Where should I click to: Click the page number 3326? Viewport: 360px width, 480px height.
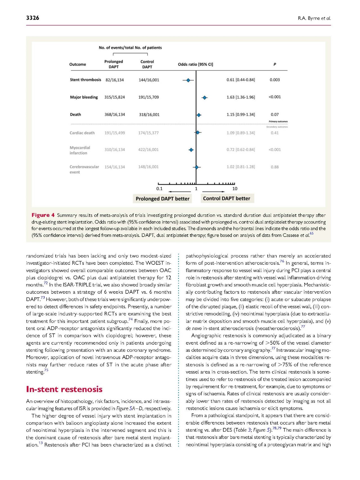point(33,18)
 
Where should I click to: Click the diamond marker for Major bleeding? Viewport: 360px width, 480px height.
point(205,98)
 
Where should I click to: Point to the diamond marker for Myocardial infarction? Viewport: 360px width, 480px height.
point(191,150)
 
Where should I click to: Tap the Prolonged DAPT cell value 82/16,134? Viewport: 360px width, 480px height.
point(114,80)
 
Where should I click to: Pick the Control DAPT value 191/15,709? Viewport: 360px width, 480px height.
point(148,97)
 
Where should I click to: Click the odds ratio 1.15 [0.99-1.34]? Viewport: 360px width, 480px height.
point(241,115)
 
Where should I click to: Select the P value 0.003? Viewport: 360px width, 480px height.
point(275,80)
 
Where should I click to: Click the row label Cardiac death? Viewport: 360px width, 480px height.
point(82,133)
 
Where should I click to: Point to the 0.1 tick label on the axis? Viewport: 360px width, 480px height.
point(159,189)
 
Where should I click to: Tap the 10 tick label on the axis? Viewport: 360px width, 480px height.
point(235,189)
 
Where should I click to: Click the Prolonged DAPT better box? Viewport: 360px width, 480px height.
point(162,199)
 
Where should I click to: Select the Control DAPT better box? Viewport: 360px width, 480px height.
point(227,198)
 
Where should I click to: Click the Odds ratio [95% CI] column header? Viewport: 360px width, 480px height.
point(195,64)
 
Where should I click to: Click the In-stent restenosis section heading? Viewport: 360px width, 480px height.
point(64,389)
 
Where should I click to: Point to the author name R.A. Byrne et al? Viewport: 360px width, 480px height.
point(314,19)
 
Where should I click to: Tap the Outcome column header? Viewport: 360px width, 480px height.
point(78,64)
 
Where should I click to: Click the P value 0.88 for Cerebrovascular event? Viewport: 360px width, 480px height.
point(275,167)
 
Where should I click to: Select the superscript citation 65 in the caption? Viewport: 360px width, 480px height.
point(312,233)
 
